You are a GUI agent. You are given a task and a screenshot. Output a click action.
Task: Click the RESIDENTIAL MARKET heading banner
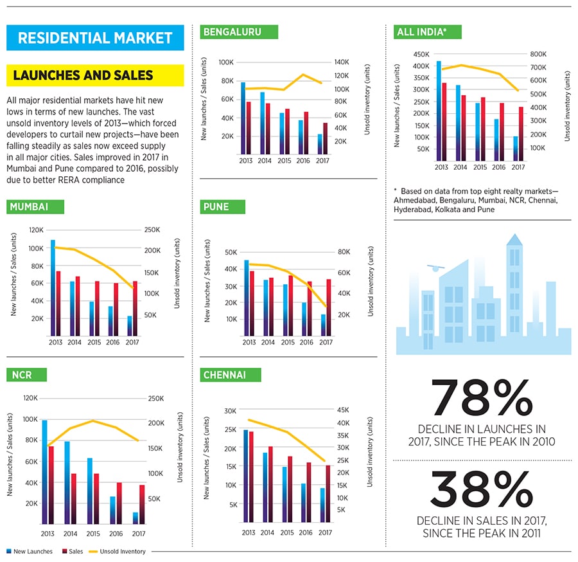pos(95,37)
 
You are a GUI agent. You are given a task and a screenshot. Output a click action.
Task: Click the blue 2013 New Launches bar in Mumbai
pos(53,287)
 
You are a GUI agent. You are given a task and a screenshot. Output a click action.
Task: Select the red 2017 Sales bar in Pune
pos(329,307)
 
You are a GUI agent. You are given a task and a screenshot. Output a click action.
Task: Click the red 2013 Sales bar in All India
pos(444,122)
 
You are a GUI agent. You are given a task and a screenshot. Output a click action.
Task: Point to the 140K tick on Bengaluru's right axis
pos(340,62)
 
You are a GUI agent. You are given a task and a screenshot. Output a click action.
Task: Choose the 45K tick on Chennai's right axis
pos(342,410)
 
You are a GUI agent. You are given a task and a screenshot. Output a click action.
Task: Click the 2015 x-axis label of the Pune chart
pos(287,342)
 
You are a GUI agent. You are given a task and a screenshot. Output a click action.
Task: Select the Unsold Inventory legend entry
pos(122,551)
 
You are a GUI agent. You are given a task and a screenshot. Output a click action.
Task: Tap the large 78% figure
pos(482,398)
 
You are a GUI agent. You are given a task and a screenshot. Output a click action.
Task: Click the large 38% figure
pos(482,490)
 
